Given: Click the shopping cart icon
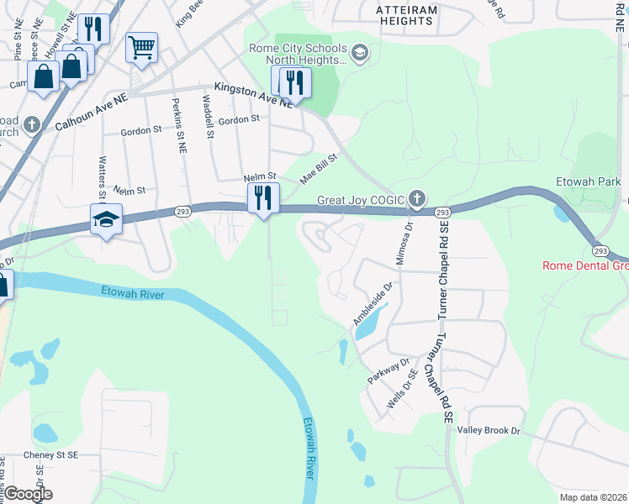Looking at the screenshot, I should click(141, 47).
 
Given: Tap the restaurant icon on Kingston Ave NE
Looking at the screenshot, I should click(295, 82).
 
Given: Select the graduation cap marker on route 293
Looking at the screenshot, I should click(107, 220).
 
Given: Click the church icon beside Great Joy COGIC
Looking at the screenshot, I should click(416, 200).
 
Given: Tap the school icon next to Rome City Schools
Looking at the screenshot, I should click(359, 54).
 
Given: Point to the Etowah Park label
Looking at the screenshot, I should click(588, 181).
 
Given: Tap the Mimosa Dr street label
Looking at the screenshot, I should click(409, 239).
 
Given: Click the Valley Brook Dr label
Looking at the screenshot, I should click(489, 430).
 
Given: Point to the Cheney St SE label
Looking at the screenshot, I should click(50, 454).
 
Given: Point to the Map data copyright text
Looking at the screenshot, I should click(593, 497).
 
